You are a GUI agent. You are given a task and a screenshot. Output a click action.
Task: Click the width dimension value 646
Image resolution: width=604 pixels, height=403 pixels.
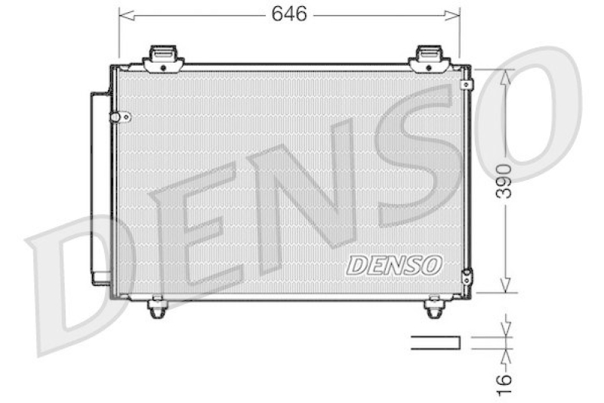point(290,14)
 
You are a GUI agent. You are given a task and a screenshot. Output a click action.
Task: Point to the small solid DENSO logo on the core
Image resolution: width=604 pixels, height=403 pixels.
point(393,265)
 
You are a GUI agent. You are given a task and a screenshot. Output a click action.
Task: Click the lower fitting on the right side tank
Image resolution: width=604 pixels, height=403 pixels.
point(468,277)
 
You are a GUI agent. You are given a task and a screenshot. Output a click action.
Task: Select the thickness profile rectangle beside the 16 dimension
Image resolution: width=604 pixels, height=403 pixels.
point(435,343)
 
